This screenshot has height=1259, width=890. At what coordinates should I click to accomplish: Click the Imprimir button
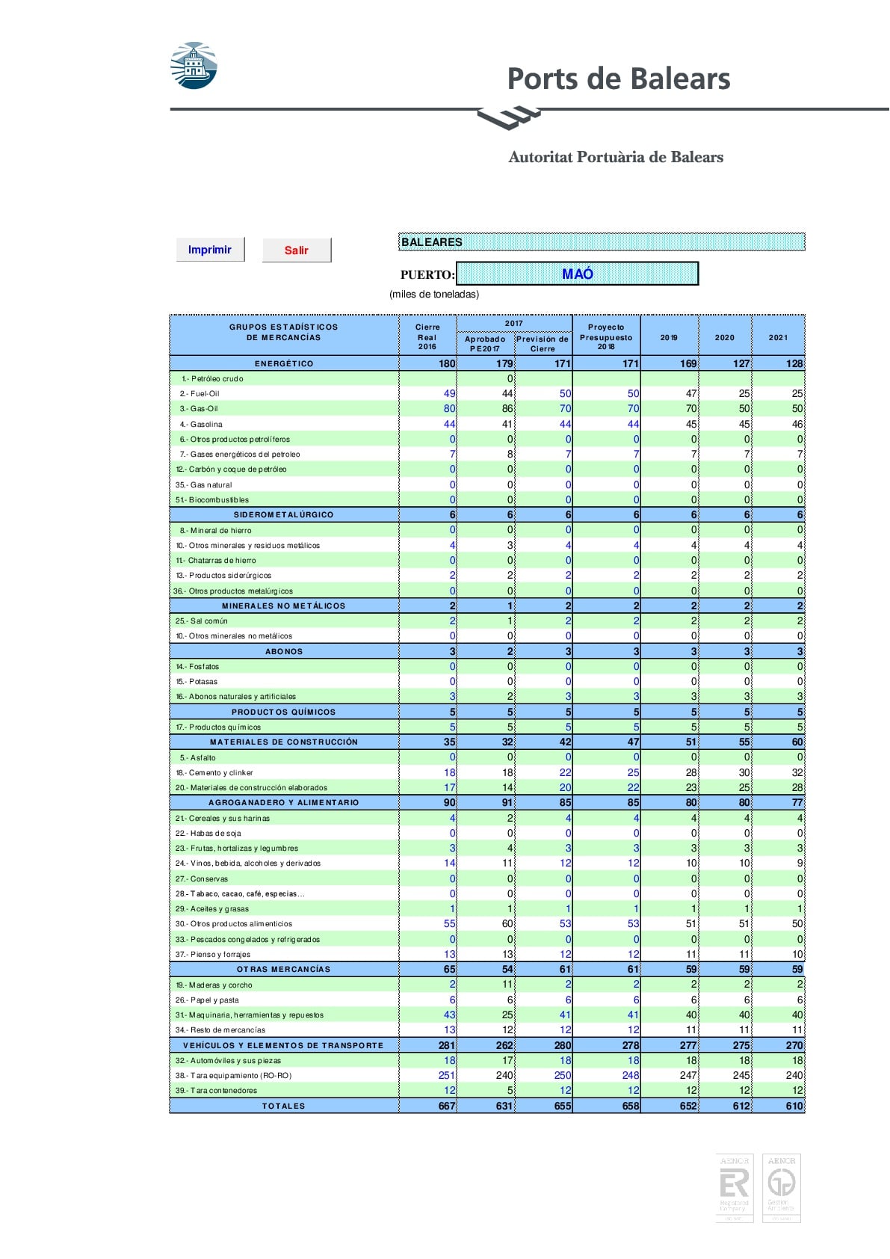(210, 250)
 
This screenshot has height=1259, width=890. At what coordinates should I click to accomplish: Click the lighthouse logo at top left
(194, 66)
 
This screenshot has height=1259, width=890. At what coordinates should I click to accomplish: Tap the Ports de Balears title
(618, 79)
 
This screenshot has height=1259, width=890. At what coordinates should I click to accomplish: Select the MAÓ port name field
(577, 274)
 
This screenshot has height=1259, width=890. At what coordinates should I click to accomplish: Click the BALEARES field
(602, 241)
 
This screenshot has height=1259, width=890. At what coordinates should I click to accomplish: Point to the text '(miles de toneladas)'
(434, 294)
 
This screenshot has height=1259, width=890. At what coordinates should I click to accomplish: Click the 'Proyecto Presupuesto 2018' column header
(606, 336)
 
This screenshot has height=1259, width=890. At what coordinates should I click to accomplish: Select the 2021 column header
(778, 337)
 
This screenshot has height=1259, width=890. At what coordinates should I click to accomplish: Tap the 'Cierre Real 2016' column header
(427, 336)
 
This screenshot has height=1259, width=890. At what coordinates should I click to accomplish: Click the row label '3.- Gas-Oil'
(199, 409)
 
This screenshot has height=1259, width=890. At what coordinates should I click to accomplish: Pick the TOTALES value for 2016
(446, 1106)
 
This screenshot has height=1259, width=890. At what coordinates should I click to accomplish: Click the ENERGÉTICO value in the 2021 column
(794, 363)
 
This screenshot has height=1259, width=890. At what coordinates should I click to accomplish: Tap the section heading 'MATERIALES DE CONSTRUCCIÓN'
(284, 742)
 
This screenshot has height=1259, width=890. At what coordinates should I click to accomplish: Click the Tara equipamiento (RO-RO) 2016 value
(446, 1075)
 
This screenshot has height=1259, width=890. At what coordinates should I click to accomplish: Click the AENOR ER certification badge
(734, 1188)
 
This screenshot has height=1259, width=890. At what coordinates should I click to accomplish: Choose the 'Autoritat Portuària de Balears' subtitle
(616, 157)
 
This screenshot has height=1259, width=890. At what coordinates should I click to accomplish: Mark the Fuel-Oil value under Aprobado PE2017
(507, 393)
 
